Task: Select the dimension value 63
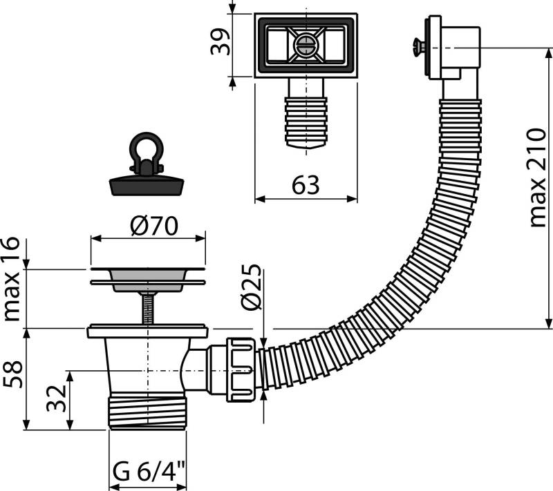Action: pos(306,185)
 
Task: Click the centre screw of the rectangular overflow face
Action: pos(305,46)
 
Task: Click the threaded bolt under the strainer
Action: pos(147,307)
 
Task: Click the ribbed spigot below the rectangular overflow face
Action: pos(305,119)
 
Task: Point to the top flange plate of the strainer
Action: pos(147,267)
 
